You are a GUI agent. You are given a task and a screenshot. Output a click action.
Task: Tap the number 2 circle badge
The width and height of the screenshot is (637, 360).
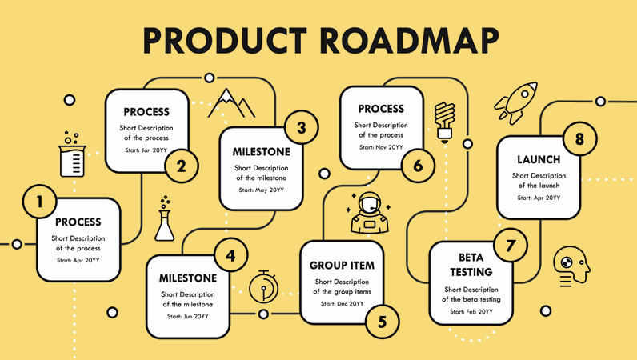(x=182, y=166)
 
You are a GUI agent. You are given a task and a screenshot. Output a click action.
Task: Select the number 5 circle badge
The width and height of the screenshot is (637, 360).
(x=382, y=322)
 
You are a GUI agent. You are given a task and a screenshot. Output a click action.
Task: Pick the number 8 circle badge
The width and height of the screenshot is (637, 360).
(x=579, y=139)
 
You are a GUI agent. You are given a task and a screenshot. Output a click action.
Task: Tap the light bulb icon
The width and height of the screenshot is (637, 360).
(x=444, y=121)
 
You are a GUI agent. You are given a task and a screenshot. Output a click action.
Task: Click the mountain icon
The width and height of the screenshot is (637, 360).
(x=231, y=102)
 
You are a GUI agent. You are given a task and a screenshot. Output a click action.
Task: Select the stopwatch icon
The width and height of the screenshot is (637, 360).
(x=263, y=286)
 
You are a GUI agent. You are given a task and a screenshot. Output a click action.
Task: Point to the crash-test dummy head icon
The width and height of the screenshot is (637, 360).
(x=574, y=266)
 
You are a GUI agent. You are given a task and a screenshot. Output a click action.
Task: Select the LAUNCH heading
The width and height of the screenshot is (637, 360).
(x=539, y=159)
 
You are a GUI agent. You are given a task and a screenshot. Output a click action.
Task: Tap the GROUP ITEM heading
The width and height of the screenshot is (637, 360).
(x=342, y=266)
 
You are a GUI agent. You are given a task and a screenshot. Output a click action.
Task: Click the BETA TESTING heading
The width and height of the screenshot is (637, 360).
(x=471, y=265)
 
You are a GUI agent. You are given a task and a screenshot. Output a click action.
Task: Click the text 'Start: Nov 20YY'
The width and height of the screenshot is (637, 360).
(x=381, y=147)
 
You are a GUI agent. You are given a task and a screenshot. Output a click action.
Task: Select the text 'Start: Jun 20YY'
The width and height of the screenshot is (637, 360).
(x=188, y=316)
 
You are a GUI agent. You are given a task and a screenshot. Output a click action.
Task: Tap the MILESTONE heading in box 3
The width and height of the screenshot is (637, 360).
(x=262, y=151)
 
